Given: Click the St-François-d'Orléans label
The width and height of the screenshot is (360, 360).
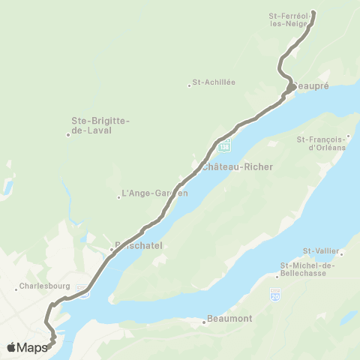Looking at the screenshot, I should tap(323, 142).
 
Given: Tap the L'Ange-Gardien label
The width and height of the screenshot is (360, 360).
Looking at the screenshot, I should tap(154, 193).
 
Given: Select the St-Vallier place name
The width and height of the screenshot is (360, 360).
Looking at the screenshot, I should tap(321, 250).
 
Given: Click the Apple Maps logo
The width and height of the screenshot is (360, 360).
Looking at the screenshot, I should tap(26, 347).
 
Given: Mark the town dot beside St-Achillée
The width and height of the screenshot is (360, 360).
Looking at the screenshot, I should tap(189, 85).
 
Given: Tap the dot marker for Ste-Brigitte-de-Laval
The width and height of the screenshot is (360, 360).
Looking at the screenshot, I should tap(68, 134).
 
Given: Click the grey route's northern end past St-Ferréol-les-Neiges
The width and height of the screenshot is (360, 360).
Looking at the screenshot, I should tap(313, 12).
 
